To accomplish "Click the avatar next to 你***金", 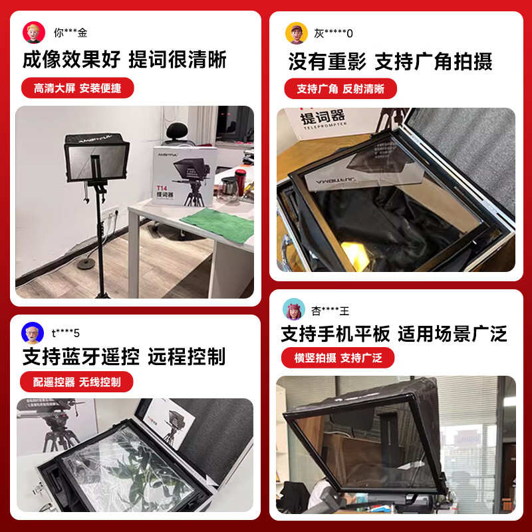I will [x=34, y=32].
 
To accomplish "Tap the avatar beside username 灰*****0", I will [x=297, y=33].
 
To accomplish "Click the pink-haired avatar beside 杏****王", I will [x=294, y=309].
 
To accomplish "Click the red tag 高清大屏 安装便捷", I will [x=77, y=88].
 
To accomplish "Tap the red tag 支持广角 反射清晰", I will [x=340, y=88].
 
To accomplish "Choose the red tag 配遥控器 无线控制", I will [x=77, y=382].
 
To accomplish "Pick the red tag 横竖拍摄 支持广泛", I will [x=338, y=358].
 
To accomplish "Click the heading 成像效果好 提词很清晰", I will [x=125, y=60].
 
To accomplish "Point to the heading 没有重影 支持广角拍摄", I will [x=390, y=62].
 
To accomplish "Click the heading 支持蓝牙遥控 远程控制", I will [x=124, y=356].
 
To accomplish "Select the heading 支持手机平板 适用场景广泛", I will [x=394, y=332].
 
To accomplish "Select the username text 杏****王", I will [x=330, y=311].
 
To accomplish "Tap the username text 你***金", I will [x=70, y=32].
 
